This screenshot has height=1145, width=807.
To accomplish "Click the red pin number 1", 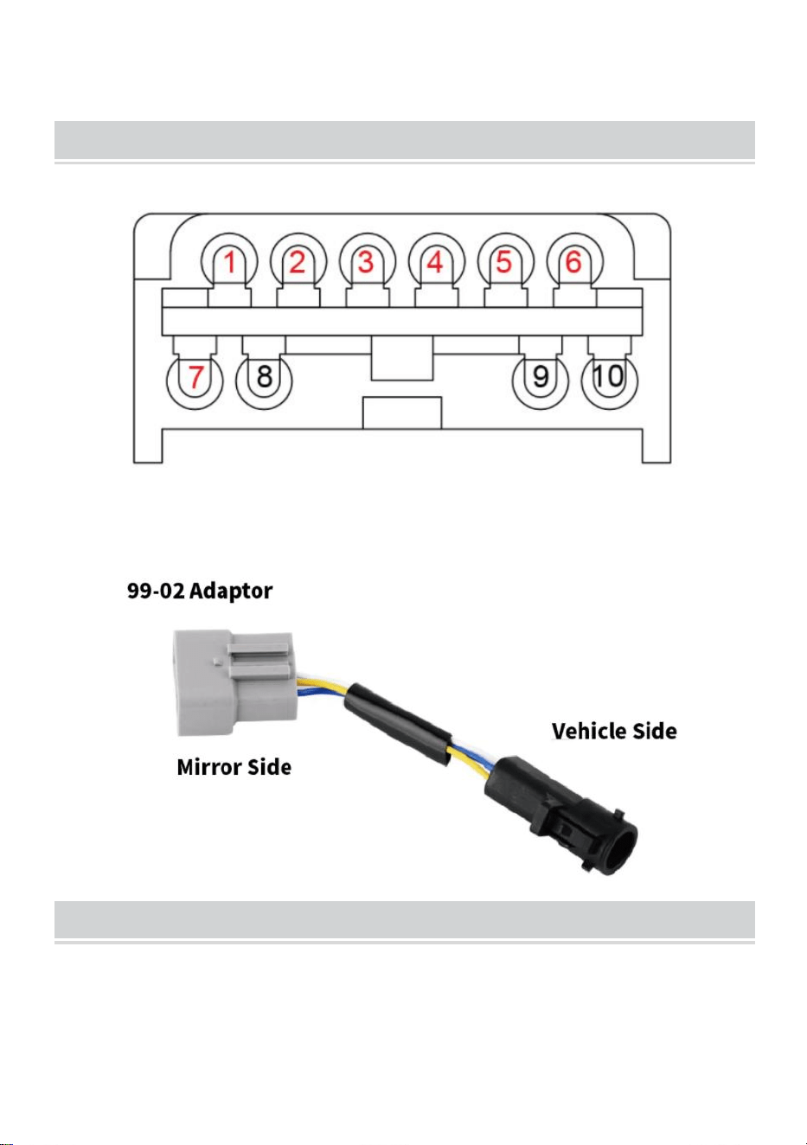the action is point(230,262).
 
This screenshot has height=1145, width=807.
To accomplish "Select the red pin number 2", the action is point(298,262).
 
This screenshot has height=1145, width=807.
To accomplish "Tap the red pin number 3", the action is point(366,262).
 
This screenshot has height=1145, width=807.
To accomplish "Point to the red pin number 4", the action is point(435,262).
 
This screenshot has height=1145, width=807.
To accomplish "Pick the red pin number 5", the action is point(503,262).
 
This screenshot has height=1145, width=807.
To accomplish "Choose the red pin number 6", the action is point(573,262).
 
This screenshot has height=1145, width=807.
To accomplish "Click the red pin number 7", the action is point(195,377).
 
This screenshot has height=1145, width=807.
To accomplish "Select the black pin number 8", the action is point(265,377).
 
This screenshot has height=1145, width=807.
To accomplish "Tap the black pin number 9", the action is point(541,377).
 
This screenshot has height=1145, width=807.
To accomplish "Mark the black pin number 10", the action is point(609,377).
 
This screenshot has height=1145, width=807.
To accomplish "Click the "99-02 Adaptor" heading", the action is point(200,591).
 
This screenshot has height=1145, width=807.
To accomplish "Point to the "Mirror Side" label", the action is point(234,767).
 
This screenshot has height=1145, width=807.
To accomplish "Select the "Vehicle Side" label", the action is point(614,731).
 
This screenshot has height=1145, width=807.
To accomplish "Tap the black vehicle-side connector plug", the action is point(560,815).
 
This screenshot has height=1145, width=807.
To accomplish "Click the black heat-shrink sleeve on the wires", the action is point(399,722).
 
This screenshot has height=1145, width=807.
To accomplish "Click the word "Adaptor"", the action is point(231,592).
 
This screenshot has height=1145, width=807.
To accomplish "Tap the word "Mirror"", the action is point(208,767).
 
